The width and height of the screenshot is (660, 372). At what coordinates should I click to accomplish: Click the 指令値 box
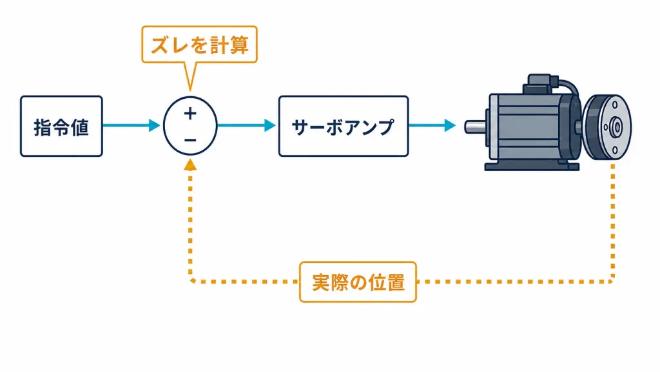61,126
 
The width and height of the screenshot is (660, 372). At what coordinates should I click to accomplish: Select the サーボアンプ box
344,126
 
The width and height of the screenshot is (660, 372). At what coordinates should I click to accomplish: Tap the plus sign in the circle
190,114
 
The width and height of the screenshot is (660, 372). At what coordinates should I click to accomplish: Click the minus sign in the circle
190,140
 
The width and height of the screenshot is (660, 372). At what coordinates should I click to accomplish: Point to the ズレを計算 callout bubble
200,45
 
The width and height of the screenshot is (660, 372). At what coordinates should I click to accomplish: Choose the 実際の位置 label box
358,282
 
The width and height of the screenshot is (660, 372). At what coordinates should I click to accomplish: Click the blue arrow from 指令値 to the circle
131,125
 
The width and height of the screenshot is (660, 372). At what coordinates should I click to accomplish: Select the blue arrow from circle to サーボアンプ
246,125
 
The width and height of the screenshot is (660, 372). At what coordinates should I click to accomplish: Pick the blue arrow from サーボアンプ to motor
432,125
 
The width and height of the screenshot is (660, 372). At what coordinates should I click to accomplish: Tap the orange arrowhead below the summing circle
190,165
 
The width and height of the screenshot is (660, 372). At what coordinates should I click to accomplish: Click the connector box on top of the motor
541,84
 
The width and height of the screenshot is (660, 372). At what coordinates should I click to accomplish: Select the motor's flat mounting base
532,167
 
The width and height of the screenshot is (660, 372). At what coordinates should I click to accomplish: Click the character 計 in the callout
219,45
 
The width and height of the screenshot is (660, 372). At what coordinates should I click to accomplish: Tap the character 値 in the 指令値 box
80,127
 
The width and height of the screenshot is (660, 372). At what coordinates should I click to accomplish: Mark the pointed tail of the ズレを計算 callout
190,89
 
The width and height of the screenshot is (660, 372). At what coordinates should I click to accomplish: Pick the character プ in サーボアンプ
385,127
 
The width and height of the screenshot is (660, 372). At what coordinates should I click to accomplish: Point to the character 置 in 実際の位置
396,282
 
